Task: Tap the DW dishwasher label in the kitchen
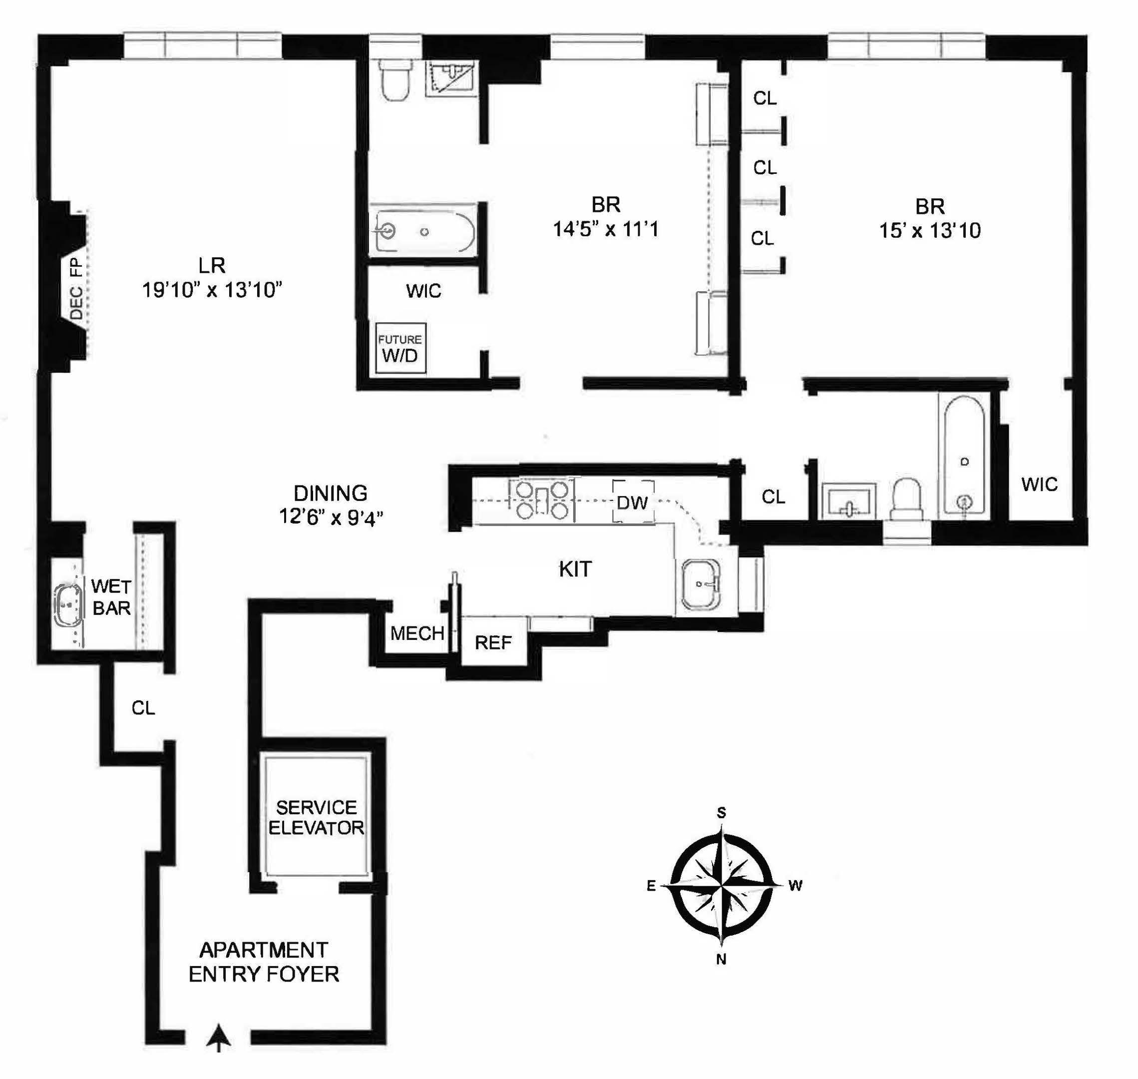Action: coord(632,503)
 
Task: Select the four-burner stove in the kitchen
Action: coord(542,500)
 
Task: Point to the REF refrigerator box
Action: coord(493,642)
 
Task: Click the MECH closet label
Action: coord(417,633)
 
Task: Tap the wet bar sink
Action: coord(68,604)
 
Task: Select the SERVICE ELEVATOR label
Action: coord(316,817)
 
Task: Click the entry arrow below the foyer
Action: coord(219,1037)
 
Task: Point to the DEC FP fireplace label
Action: coord(76,288)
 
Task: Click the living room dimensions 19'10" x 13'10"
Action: coord(212,290)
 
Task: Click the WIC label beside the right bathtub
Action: coord(1039,484)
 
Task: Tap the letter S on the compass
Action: coord(721,813)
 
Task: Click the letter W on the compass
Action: coord(795,886)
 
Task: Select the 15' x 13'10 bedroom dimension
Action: coord(930,231)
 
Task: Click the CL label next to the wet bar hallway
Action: coord(143,708)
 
